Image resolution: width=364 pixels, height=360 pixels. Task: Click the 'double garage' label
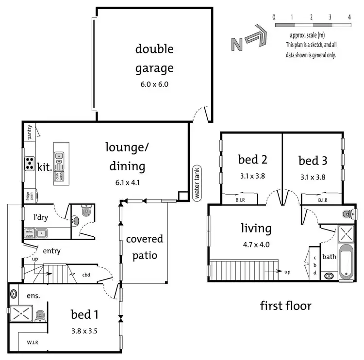tap(154, 58)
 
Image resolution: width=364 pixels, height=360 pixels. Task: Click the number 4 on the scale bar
tap(349, 17)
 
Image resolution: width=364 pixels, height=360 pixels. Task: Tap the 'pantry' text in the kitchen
tap(30, 132)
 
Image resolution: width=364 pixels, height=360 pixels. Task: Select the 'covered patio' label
tap(145, 246)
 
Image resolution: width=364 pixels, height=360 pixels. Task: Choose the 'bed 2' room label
tap(252, 159)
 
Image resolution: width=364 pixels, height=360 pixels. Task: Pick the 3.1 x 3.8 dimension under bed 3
tap(313, 176)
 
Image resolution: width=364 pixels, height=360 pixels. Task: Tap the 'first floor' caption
tap(285, 306)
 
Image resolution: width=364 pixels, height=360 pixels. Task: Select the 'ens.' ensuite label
tap(33, 295)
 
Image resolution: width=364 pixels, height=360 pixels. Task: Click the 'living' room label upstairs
tap(256, 228)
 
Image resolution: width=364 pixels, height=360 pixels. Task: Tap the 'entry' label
tap(51, 250)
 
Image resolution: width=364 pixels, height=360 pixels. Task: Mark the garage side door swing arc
tap(200, 115)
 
